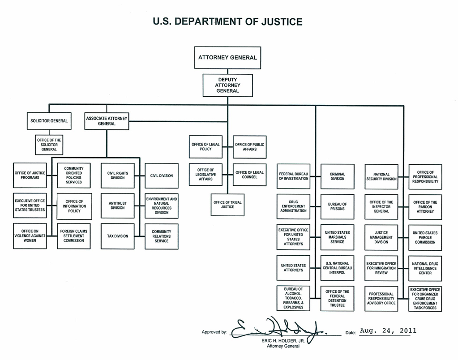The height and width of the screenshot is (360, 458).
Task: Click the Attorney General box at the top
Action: (227, 58)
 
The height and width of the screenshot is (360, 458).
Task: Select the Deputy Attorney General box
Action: (227, 85)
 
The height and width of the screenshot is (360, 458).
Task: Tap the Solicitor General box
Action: (49, 121)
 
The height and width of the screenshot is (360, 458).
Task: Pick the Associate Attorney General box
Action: (107, 121)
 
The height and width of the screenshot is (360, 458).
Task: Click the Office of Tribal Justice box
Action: (227, 205)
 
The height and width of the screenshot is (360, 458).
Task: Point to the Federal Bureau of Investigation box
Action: (293, 176)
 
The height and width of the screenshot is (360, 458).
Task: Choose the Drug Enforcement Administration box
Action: (293, 206)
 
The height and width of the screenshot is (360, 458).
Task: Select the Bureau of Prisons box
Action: (337, 206)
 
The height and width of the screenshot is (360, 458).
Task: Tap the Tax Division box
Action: (117, 236)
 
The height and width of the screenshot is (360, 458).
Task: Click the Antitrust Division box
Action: (117, 206)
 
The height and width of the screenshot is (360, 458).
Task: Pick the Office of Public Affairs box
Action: (249, 147)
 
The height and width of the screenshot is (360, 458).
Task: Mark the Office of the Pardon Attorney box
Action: (425, 206)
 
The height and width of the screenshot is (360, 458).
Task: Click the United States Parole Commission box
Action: (425, 237)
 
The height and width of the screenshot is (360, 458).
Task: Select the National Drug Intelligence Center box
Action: (425, 268)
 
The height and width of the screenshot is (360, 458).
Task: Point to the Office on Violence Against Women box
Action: (30, 236)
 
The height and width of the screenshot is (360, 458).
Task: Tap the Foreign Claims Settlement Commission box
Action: (73, 236)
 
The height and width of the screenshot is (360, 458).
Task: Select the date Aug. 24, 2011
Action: (388, 331)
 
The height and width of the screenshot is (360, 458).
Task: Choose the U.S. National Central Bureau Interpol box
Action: (337, 268)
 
